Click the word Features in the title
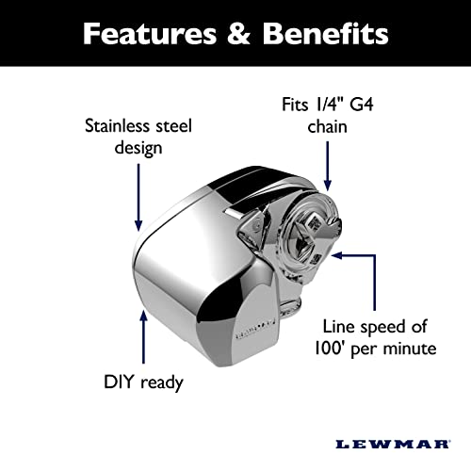click(x=145, y=35)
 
